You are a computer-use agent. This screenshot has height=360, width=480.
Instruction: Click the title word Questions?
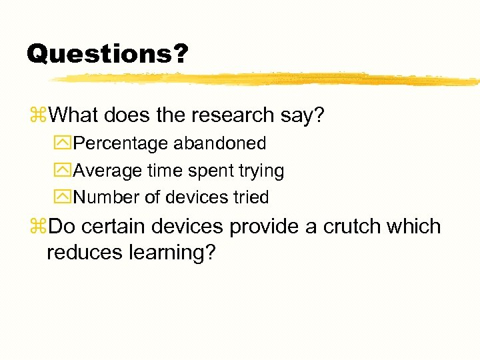pyautogui.click(x=107, y=53)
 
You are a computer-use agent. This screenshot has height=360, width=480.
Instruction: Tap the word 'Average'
pyautogui.click(x=107, y=171)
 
